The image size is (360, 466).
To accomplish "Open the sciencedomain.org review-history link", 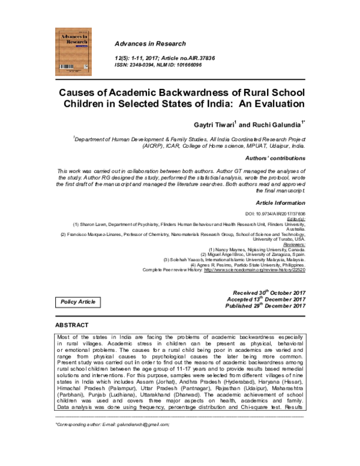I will [254, 270].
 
